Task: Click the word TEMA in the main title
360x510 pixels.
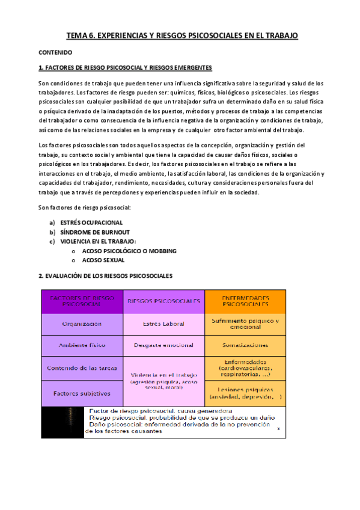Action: (x=76, y=36)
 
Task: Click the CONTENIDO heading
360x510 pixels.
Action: (x=55, y=52)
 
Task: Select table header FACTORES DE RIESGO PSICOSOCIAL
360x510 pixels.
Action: (x=81, y=301)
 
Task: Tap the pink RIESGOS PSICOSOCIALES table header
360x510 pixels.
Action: (x=163, y=301)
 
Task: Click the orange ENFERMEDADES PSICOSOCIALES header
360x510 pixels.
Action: (x=245, y=301)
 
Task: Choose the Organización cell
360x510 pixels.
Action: (x=81, y=324)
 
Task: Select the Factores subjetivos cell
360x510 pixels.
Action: (x=81, y=393)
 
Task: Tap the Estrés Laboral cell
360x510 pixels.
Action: (x=163, y=324)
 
